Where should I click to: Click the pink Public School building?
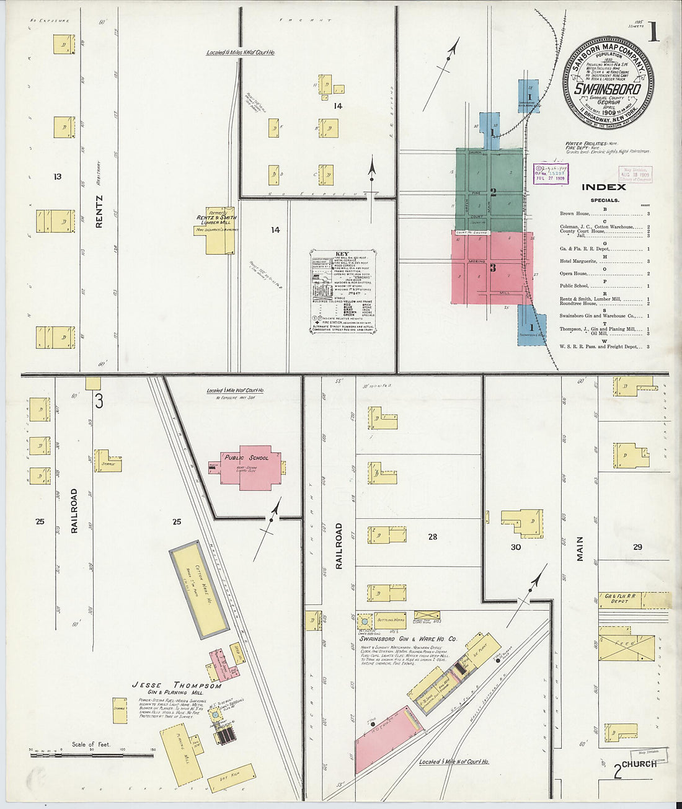click(x=251, y=467)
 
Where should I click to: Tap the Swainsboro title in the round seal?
click(x=607, y=89)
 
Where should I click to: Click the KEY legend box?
click(x=343, y=291)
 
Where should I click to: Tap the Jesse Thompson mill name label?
click(x=176, y=686)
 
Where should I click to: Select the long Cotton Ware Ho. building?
click(x=200, y=589)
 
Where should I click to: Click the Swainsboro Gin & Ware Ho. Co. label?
click(x=404, y=638)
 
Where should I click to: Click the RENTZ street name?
click(x=99, y=211)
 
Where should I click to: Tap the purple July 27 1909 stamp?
click(x=551, y=174)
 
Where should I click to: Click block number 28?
click(x=432, y=536)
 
